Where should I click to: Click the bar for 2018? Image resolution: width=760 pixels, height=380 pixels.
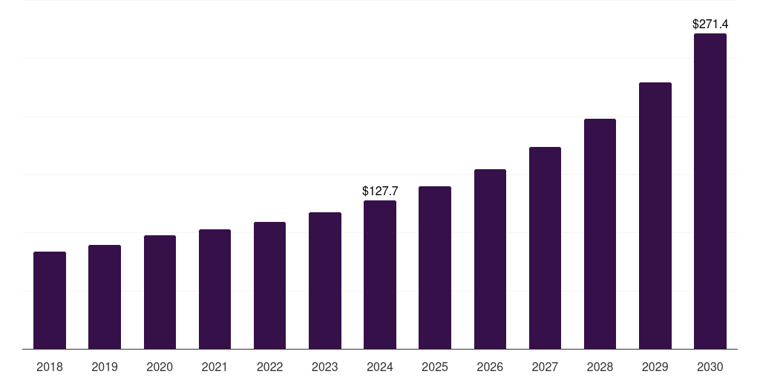(50, 301)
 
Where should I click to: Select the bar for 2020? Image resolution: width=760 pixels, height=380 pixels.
(160, 292)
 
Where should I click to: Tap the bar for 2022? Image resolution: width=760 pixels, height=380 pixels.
(269, 286)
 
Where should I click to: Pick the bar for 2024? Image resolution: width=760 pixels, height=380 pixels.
(380, 275)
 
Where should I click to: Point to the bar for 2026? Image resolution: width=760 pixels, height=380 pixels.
(490, 259)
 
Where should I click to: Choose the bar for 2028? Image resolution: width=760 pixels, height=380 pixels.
(600, 234)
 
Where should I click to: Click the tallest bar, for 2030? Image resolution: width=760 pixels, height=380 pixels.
(710, 191)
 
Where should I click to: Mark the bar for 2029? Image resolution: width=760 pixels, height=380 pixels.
(655, 216)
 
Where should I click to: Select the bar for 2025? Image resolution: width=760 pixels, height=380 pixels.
(435, 268)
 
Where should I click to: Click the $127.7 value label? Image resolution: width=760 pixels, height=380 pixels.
(380, 191)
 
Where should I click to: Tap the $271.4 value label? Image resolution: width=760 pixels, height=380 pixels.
(710, 24)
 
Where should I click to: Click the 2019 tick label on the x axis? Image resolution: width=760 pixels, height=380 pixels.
(105, 367)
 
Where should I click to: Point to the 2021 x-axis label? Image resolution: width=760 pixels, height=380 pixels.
(214, 367)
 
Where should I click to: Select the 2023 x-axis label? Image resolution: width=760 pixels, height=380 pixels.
(324, 367)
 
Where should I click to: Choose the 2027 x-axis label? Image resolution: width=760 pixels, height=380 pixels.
(545, 367)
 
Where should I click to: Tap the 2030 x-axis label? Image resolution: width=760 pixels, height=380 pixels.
(710, 367)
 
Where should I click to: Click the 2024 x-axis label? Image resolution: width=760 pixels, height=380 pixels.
(380, 367)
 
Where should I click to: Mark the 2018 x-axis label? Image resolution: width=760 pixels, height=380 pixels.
(50, 367)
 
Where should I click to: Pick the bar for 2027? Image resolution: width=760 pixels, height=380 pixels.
(545, 248)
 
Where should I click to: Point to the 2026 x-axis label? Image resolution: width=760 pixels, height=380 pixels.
(490, 367)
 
